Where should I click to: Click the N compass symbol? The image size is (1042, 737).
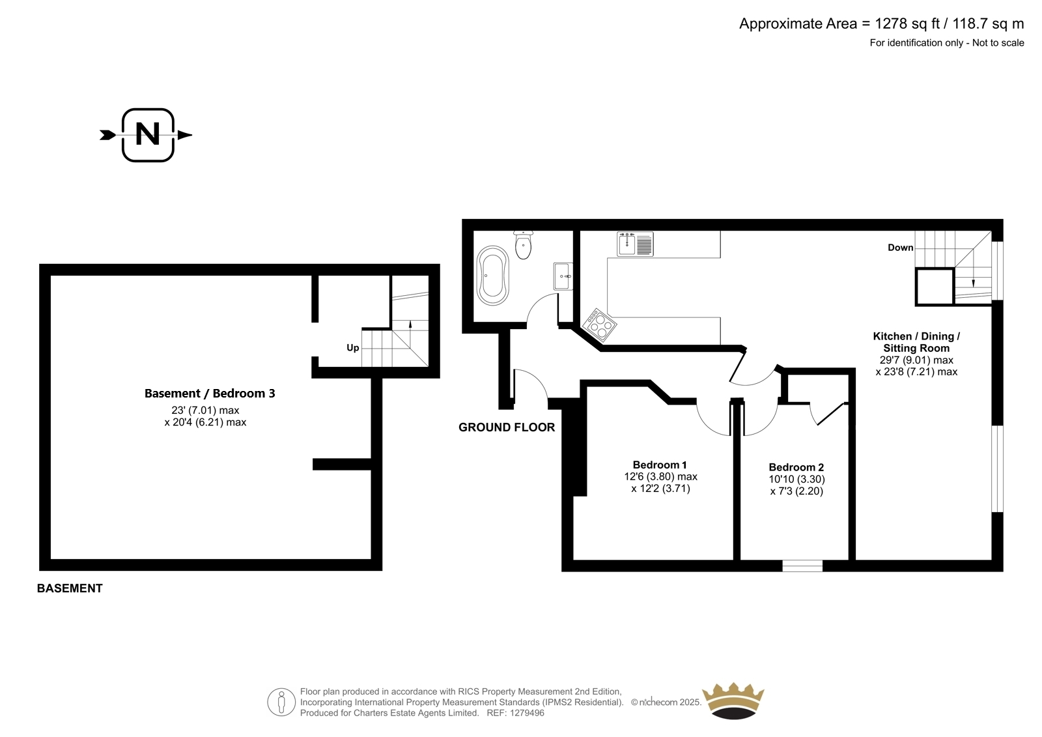(148, 135)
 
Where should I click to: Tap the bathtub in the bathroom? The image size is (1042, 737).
(493, 276)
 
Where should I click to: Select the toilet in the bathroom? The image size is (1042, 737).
(524, 245)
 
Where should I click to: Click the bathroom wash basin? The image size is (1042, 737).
(563, 276)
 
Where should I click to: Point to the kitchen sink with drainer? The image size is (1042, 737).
(635, 244)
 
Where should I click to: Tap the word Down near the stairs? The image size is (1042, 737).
(901, 248)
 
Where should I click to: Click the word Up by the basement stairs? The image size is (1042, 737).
(352, 348)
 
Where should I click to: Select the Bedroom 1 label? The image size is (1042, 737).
(660, 465)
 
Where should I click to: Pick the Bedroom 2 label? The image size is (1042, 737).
(796, 467)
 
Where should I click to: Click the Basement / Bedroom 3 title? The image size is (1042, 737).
(210, 394)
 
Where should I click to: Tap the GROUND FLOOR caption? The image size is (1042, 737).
(507, 427)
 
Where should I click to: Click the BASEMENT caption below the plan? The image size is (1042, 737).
(70, 588)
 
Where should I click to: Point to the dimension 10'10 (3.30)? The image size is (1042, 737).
(797, 479)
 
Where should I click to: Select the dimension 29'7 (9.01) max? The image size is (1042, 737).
(916, 360)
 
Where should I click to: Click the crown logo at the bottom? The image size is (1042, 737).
(733, 701)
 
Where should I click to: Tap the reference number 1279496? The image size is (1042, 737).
(527, 713)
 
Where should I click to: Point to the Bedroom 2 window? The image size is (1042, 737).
(802, 566)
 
